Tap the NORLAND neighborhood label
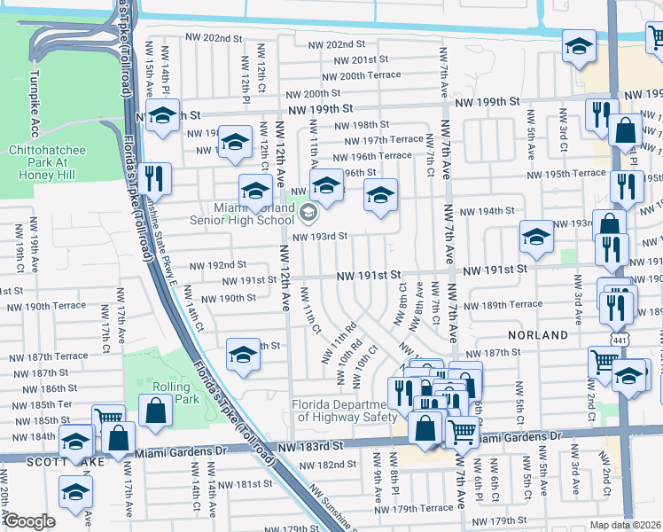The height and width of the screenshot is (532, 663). pos(537,335)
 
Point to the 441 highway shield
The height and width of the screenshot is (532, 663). pos(613,340)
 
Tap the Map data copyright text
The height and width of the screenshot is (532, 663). pos(625,525)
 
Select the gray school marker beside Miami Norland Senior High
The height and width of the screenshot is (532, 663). pos(308,211)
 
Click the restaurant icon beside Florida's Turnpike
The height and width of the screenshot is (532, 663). pos(154,177)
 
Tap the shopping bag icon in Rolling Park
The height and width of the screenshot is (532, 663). pos(155,411)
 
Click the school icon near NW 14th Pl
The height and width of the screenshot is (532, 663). pos(162,116)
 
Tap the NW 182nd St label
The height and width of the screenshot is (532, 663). pos(327,465)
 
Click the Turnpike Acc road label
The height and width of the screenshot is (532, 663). pos(35,96)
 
